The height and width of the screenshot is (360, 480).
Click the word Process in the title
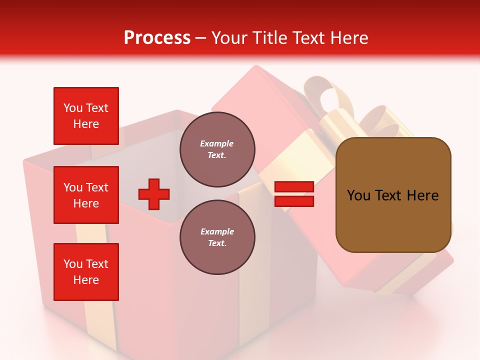pyautogui.click(x=157, y=38)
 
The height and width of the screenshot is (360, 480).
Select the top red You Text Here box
pyautogui.click(x=86, y=116)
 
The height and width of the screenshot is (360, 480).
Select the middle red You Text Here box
pyautogui.click(x=86, y=195)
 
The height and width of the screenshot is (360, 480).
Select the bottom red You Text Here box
pyautogui.click(x=86, y=272)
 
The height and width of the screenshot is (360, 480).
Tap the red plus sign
pyautogui.click(x=154, y=194)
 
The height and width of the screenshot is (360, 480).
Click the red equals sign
pyautogui.click(x=294, y=194)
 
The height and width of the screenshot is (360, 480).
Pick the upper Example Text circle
pyautogui.click(x=217, y=149)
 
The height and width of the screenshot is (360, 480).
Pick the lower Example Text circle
pyautogui.click(x=217, y=237)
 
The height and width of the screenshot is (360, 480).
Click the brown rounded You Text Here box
pyautogui.click(x=393, y=195)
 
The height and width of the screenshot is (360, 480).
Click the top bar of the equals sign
pyautogui.click(x=294, y=187)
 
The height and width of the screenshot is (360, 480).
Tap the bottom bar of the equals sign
pyautogui.click(x=294, y=201)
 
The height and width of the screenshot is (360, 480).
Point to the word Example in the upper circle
pyautogui.click(x=216, y=143)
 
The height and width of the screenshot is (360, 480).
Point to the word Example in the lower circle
pyautogui.click(x=217, y=231)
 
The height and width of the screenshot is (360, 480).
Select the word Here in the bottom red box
pyautogui.click(x=86, y=280)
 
